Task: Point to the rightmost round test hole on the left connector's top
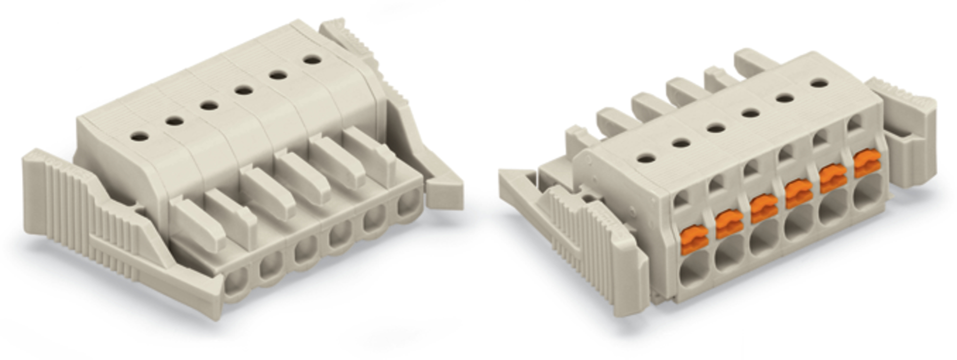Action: pos(313,60)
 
